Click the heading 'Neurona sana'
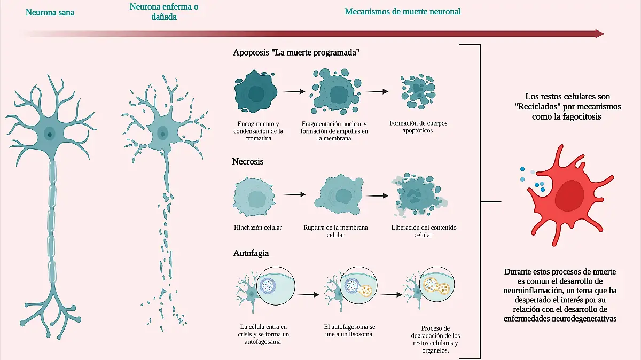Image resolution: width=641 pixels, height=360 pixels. pos(50,12)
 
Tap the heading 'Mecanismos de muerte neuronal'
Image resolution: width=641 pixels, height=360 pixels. pos(403,11)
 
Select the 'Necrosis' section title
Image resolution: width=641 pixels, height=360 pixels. pos(247,161)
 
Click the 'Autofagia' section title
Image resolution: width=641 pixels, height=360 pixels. pos(251,253)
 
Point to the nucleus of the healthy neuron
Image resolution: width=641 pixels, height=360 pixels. pos(50,134)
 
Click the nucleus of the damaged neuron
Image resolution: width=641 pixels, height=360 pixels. pos(162,134)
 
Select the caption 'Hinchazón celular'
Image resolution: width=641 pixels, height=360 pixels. pos(258,228)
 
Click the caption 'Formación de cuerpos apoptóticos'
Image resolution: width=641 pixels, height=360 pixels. pos(418,127)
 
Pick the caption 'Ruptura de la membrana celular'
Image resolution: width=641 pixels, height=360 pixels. pos(335,231)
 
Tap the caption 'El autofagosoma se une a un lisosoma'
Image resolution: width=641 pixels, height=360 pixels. pos(349,331)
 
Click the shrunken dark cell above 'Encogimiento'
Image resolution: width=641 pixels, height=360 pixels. pos(256,91)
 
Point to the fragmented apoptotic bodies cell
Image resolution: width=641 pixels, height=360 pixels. pos(418,91)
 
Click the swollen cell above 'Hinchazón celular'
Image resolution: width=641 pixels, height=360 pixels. pos(254,197)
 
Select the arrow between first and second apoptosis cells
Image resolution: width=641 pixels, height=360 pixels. pos(294,91)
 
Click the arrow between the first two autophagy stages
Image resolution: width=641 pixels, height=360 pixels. pos(308,294)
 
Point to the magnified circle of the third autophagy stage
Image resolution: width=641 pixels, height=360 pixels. pos(437,284)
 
